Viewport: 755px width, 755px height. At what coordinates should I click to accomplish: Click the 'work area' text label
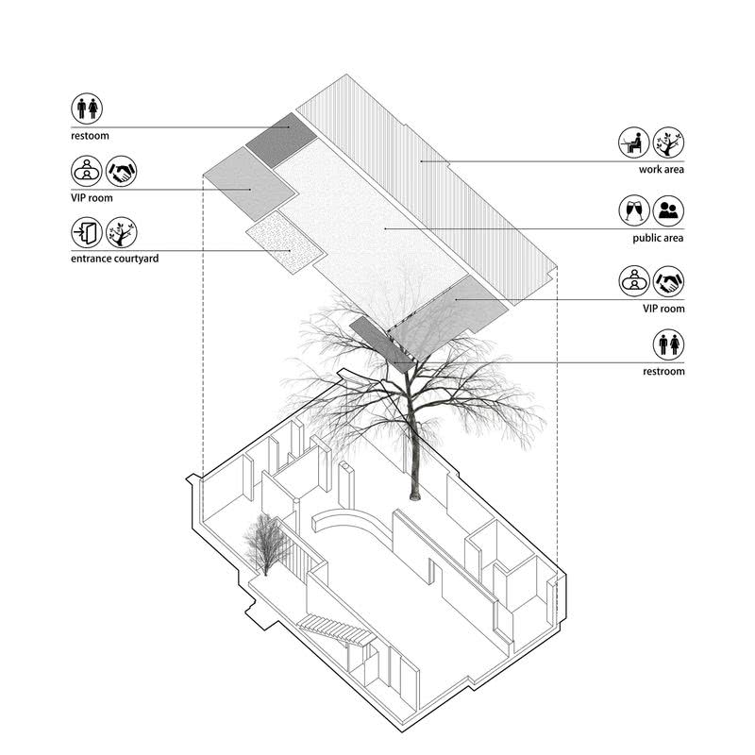pos(661,170)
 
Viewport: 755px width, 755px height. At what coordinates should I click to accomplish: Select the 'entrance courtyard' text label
pos(113,258)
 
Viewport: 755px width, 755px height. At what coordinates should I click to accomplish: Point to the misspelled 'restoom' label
pos(90,136)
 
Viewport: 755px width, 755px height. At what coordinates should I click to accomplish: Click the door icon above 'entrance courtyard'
pos(87,233)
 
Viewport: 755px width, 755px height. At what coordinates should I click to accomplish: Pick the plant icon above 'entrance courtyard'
pos(121,233)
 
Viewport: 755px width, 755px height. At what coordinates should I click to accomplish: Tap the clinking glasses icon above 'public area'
pos(634,210)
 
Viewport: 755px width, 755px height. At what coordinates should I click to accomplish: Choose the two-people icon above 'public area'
pos(668,210)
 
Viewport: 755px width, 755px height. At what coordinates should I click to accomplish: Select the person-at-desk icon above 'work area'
pos(634,143)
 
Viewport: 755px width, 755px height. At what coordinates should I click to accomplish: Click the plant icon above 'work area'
pos(668,143)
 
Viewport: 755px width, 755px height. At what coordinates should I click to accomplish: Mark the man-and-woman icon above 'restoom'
pos(87,108)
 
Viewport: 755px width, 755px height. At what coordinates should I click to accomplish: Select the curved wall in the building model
pos(349,524)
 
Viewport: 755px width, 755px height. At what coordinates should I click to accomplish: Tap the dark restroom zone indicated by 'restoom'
pos(281,139)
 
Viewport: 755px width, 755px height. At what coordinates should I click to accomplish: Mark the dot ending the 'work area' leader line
pos(421,161)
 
